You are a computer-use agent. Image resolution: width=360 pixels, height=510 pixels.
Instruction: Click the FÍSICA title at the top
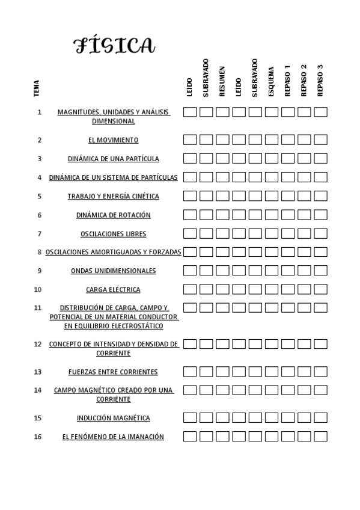[114, 45]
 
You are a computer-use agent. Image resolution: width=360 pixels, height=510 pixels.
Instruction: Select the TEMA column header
[37, 88]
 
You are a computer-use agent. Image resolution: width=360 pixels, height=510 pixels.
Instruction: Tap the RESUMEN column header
[222, 81]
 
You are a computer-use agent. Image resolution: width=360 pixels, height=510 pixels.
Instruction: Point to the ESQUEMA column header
[271, 81]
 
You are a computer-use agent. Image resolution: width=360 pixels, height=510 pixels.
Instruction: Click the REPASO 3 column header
[320, 80]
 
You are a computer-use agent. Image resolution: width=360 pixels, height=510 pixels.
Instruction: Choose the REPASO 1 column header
[287, 80]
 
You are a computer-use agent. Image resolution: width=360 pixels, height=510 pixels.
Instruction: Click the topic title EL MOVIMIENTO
[113, 140]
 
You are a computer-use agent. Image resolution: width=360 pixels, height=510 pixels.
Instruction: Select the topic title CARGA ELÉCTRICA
[113, 289]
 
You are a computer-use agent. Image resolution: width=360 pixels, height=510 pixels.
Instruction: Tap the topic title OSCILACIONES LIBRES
[113, 234]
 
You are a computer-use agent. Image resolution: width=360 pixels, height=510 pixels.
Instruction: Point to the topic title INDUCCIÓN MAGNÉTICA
[113, 418]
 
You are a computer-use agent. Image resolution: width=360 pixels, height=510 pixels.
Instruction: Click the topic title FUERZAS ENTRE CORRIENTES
[113, 372]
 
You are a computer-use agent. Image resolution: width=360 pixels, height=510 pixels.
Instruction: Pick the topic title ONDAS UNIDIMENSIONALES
[113, 271]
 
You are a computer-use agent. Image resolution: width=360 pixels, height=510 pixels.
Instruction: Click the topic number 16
[38, 437]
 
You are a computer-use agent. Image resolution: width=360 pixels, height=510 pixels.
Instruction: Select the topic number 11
[38, 307]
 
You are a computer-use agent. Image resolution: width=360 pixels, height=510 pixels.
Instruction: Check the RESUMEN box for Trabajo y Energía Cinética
[222, 195]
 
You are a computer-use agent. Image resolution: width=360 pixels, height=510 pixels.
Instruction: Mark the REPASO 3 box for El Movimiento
[320, 140]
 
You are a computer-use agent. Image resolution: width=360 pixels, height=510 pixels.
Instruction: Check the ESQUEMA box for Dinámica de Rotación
[271, 214]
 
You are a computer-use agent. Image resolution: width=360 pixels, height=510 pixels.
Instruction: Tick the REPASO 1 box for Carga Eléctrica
[288, 289]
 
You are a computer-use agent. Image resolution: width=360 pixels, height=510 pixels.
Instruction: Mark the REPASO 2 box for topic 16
[304, 436]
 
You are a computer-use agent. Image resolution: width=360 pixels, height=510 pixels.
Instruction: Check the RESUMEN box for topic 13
[222, 372]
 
